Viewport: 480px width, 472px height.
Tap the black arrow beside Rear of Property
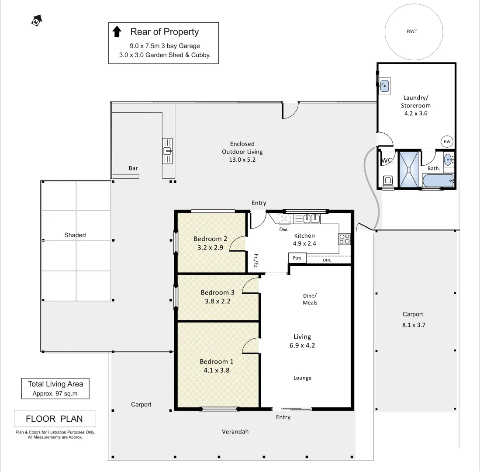pos(117,31)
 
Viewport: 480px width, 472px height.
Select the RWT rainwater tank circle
pos(411,31)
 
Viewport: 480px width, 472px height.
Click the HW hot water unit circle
pos(447,142)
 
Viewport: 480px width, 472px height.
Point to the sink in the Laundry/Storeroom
pos(384,86)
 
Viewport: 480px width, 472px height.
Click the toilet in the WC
pos(387,181)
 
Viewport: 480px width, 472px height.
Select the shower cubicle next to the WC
pos(408,170)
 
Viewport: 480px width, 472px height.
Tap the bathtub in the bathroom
pos(438,180)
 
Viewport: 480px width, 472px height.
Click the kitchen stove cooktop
pos(344,239)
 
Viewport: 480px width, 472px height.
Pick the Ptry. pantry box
pos(297,258)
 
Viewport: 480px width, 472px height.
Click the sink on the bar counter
pos(167,151)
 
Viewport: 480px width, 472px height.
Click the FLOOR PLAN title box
pos(55,419)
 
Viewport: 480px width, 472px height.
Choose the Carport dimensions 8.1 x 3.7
pos(413,325)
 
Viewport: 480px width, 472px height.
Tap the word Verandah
pos(235,431)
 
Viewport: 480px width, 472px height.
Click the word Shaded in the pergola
pos(75,235)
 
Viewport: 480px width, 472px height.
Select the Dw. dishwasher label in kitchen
pos(283,229)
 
